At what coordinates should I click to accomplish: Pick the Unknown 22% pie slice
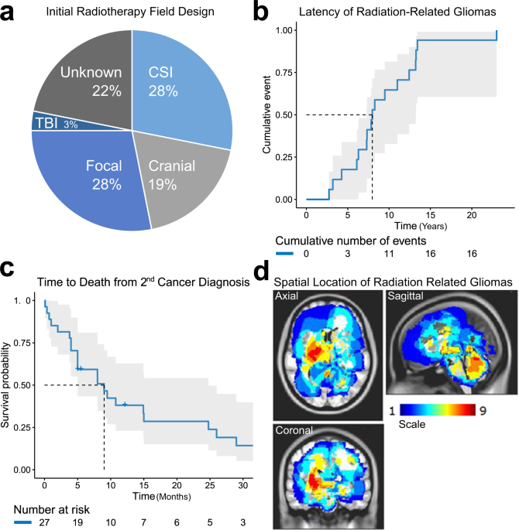(x=81, y=77)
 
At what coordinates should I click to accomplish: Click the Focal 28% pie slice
(x=97, y=174)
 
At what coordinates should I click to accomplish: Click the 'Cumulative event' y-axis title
(x=267, y=115)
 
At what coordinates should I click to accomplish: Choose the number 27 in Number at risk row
(x=44, y=521)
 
